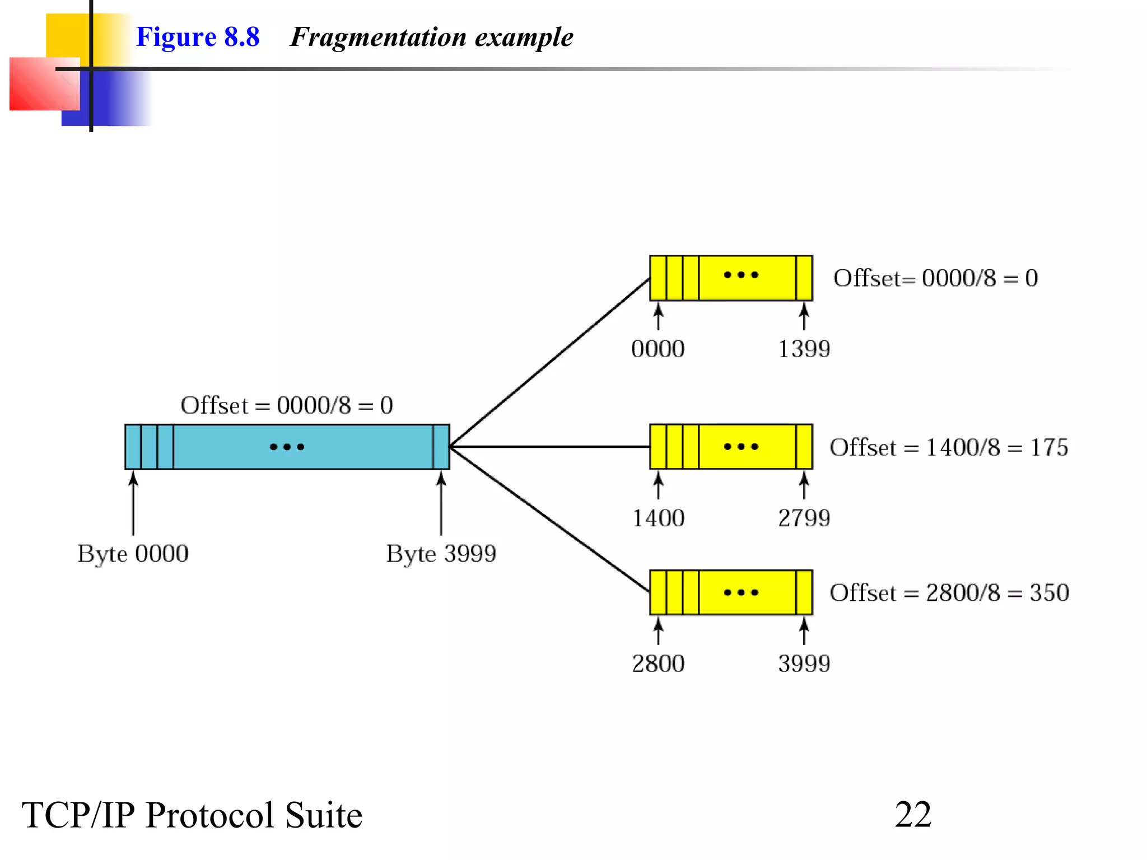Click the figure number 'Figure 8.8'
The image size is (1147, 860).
click(x=198, y=37)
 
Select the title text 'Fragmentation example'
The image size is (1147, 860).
click(x=431, y=37)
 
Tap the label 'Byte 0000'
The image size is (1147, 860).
click(x=133, y=554)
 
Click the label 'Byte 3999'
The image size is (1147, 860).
click(x=441, y=554)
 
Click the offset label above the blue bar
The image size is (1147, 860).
click(x=287, y=405)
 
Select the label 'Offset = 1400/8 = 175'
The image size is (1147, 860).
click(x=949, y=447)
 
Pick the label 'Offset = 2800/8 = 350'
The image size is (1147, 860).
click(x=949, y=593)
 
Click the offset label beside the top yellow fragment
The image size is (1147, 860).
click(x=935, y=278)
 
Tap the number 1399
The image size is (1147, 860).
click(x=804, y=349)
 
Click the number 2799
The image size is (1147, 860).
click(x=804, y=518)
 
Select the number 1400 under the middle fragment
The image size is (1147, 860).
click(x=658, y=518)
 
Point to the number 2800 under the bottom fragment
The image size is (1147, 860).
click(x=658, y=663)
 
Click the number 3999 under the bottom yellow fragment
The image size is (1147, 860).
click(x=804, y=663)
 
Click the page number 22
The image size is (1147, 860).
click(x=913, y=815)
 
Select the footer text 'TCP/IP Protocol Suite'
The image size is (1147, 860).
click(x=192, y=815)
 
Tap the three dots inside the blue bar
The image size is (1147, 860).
click(x=287, y=447)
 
